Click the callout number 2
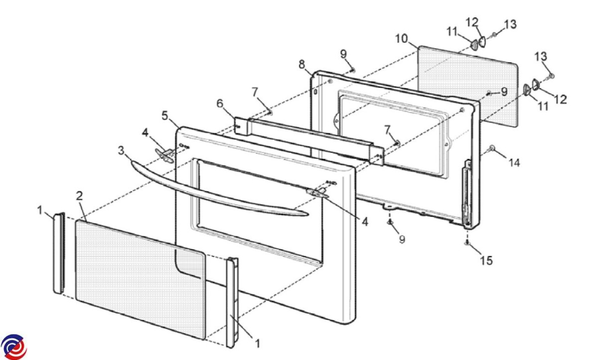coord(79,195)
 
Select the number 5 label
coord(165,116)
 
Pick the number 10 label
coord(402,38)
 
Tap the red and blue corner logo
coord(13,347)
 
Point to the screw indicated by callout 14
coord(492,148)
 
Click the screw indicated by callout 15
coord(467,242)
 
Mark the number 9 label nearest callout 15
coord(402,240)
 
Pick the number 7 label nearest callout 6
coord(255,92)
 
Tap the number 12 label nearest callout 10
coord(472,22)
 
